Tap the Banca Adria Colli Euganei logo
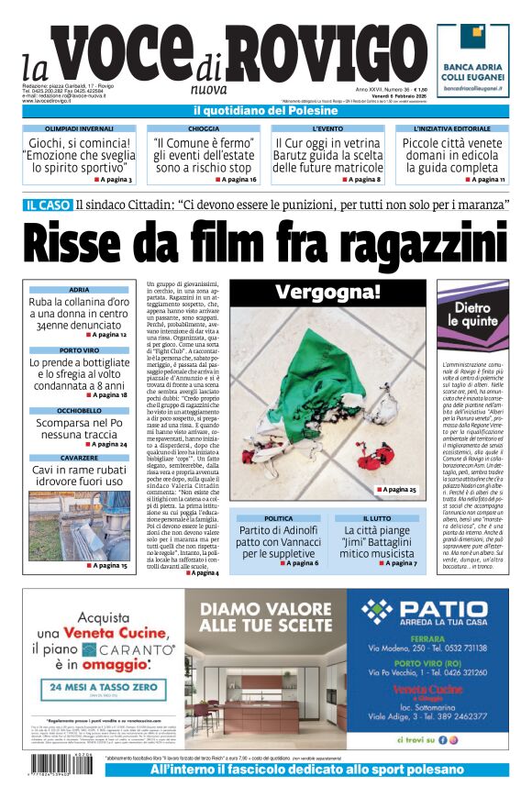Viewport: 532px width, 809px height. pos(472,60)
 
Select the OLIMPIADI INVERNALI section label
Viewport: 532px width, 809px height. pos(79,129)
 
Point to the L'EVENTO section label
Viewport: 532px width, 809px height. pos(327,129)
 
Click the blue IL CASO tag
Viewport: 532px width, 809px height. pos(48,205)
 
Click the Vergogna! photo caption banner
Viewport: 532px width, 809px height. pos(327,293)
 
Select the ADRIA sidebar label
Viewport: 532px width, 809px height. pos(79,290)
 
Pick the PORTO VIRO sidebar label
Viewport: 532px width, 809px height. pos(79,350)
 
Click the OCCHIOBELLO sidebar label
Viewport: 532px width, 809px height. pos(79,410)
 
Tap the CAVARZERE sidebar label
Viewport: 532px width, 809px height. pos(79,457)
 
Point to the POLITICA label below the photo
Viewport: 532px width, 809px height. pos(279,518)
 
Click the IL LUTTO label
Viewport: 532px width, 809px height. pos(376,518)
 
